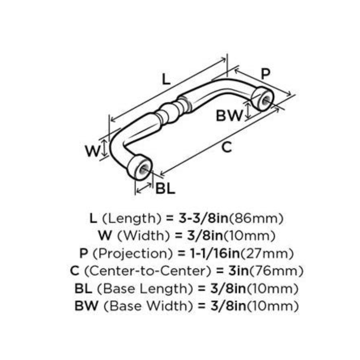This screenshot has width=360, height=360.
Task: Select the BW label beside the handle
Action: (x=230, y=116)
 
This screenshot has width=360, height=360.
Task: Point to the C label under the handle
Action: (x=226, y=148)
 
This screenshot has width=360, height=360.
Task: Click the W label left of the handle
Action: (x=92, y=151)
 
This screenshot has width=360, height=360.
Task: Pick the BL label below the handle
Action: (x=165, y=188)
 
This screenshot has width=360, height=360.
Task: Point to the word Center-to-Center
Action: (x=146, y=271)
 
